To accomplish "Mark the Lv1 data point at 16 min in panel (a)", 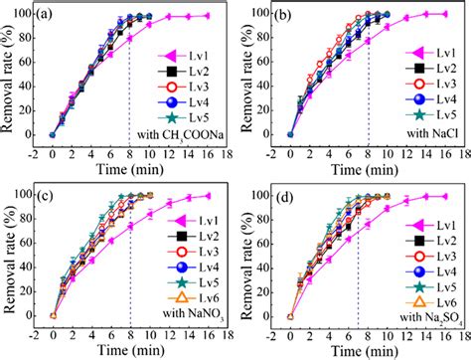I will (x=206, y=16).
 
